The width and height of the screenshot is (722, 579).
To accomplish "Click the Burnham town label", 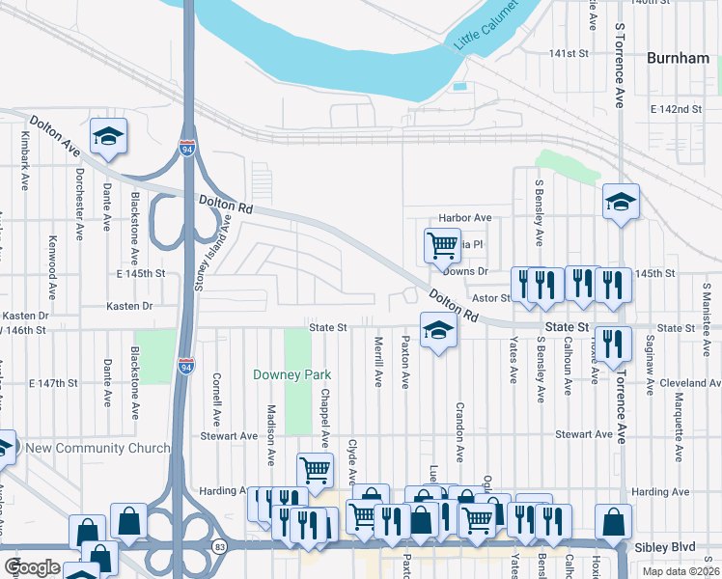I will pos(678,58).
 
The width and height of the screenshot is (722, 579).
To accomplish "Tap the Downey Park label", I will pos(292,374).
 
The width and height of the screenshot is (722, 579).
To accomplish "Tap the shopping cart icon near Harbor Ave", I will pos(442,244).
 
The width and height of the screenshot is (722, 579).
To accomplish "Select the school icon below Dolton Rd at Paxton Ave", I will pos(438,332).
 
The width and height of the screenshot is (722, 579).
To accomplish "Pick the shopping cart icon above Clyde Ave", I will pos(315,470).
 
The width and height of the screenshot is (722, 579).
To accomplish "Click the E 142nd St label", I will pos(676,109).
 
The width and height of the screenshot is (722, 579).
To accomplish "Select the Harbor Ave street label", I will pos(465,218).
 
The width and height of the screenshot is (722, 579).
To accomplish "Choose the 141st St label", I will pos(569,53).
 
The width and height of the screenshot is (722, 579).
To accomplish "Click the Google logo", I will pos(32,567).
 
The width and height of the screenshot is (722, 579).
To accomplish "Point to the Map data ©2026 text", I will pos(680,571).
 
